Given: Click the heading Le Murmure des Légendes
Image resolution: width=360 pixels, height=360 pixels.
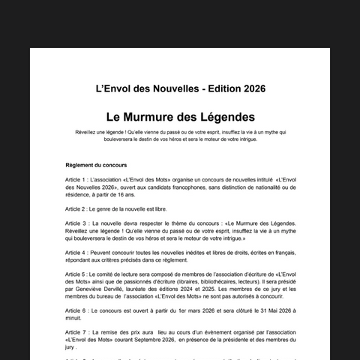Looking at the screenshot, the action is [180, 117].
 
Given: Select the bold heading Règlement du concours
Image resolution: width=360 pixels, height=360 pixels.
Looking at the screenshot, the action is [97, 164].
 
